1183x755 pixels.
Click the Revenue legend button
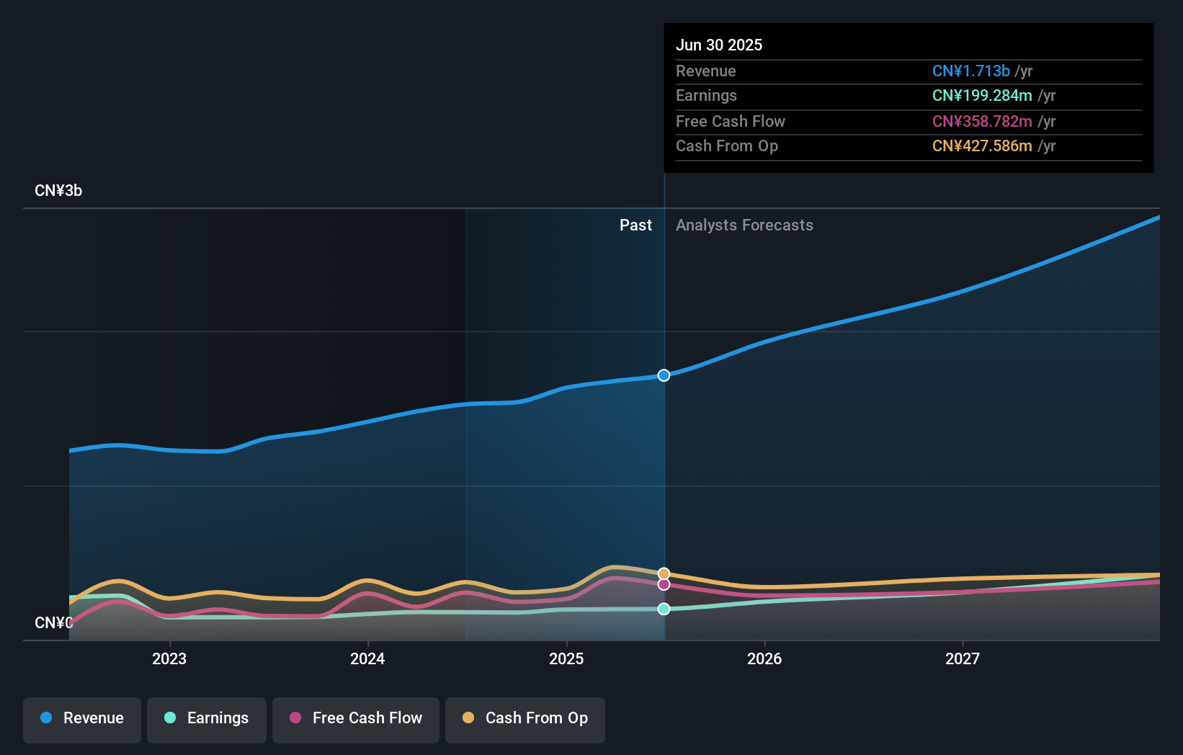82,718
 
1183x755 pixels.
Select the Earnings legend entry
207,718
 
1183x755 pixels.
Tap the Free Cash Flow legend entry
356,718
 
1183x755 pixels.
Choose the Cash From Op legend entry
525,718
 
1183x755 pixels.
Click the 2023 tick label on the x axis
169,658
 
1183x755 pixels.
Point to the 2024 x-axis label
367,658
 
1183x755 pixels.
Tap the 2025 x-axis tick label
566,658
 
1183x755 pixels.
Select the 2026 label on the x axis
764,658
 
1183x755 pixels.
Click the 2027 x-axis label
963,658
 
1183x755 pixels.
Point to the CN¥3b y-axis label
58,191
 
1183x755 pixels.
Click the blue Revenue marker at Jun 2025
664,375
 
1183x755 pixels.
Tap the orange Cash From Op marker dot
664,573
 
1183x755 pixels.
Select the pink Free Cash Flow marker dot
664,584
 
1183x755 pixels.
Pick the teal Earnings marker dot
664,609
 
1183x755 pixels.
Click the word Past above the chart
635,225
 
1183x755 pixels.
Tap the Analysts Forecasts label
744,225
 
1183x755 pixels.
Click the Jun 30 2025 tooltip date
719,45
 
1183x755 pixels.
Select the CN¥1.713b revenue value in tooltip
970,71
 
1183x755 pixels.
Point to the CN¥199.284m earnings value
982,96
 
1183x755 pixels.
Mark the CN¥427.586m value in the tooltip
982,146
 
